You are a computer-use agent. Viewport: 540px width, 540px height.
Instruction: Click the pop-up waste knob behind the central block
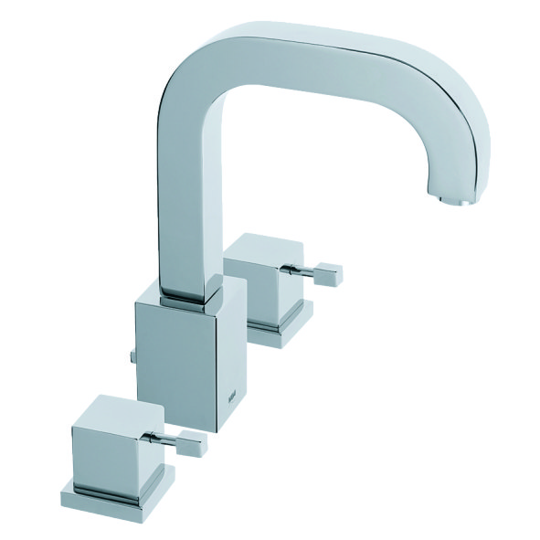click(132, 355)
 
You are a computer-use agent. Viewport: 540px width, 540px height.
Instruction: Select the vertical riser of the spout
click(187, 210)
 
